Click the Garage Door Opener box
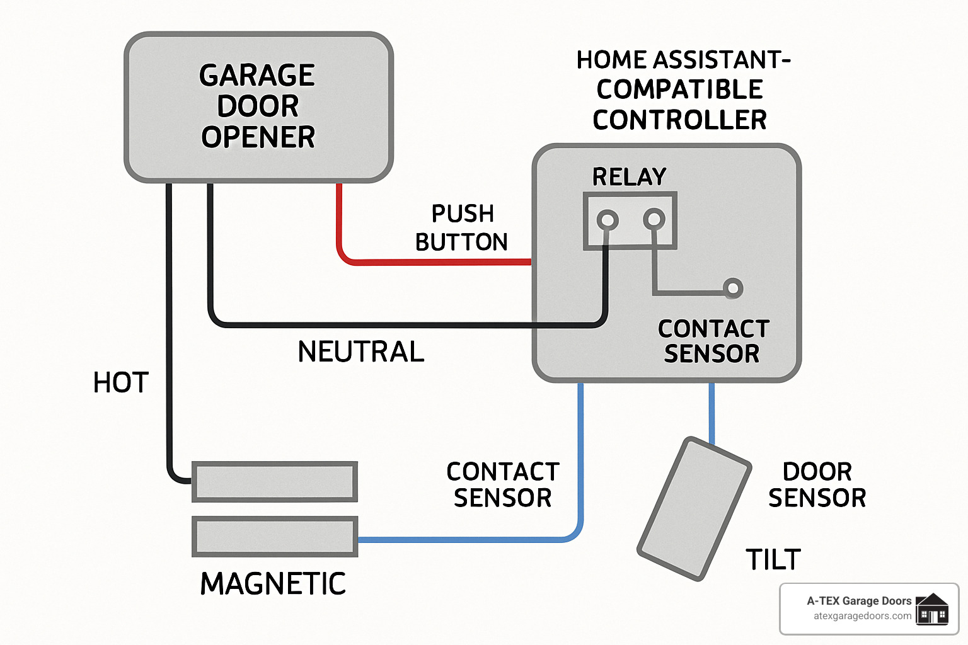click(x=258, y=107)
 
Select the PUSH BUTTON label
click(x=461, y=227)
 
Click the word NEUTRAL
click(x=360, y=351)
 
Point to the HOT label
click(x=120, y=382)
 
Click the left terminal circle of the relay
click(x=608, y=220)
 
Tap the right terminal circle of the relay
click(x=654, y=219)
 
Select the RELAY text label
click(x=629, y=177)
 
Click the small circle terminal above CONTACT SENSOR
click(x=732, y=288)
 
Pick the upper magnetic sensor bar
click(x=274, y=482)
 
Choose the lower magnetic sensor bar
click(x=274, y=537)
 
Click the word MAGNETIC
click(x=273, y=584)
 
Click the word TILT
click(x=773, y=559)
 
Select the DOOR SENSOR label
click(x=817, y=484)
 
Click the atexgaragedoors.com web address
click(x=862, y=616)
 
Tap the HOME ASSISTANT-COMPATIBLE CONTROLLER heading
click(x=681, y=90)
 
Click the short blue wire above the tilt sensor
click(x=712, y=413)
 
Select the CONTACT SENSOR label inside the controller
click(x=713, y=341)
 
